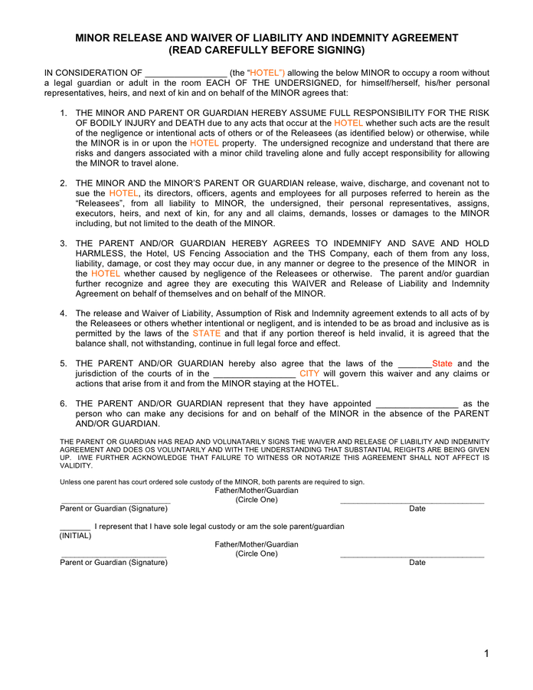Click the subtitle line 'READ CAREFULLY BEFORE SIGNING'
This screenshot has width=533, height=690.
(x=266, y=51)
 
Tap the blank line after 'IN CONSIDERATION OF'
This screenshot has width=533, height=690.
(x=186, y=73)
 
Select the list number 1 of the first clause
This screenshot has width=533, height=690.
(x=64, y=113)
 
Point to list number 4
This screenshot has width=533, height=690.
(x=64, y=314)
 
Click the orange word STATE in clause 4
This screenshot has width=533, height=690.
(x=206, y=333)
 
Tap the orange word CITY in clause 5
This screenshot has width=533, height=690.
(x=309, y=373)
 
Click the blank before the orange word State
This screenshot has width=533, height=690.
(x=415, y=364)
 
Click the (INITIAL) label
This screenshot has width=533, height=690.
(x=75, y=535)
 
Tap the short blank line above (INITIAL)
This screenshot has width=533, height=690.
(x=75, y=527)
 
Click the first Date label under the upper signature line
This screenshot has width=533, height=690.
(x=417, y=508)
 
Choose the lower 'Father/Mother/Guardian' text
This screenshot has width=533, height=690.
(x=257, y=544)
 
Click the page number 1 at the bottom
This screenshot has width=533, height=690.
(x=486, y=653)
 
